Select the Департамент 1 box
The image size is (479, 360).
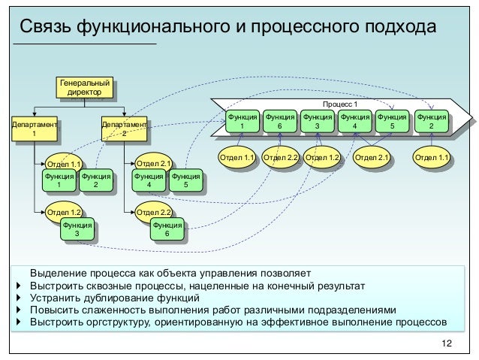pyautogui.click(x=32, y=126)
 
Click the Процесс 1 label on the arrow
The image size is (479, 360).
pyautogui.click(x=340, y=104)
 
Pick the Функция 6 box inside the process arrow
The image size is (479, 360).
pyautogui.click(x=279, y=122)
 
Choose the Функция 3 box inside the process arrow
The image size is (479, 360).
pyautogui.click(x=317, y=122)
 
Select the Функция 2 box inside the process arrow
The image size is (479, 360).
pyautogui.click(x=430, y=122)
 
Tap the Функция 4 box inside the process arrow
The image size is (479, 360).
pyautogui.click(x=354, y=122)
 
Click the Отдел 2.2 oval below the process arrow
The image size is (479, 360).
pyautogui.click(x=282, y=158)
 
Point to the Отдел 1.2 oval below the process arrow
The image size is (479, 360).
pyautogui.click(x=324, y=158)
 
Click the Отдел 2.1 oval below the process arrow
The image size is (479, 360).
pyautogui.click(x=372, y=158)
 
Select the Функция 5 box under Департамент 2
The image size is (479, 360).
pyautogui.click(x=179, y=180)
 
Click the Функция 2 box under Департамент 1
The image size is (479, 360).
pyautogui.click(x=95, y=180)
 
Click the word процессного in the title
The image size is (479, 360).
pyautogui.click(x=287, y=28)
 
